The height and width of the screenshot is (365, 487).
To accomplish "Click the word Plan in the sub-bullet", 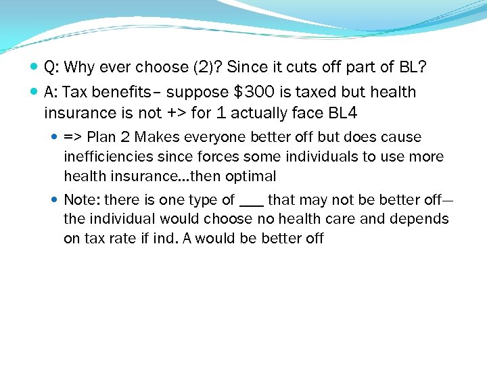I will coord(101,137).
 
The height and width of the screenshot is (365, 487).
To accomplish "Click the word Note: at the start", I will coord(82,200).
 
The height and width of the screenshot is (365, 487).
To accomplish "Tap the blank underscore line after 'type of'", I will coord(252,203).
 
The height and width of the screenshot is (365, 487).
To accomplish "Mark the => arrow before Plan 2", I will coord(73,137).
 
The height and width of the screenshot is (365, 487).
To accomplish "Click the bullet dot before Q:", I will coord(34,68).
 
